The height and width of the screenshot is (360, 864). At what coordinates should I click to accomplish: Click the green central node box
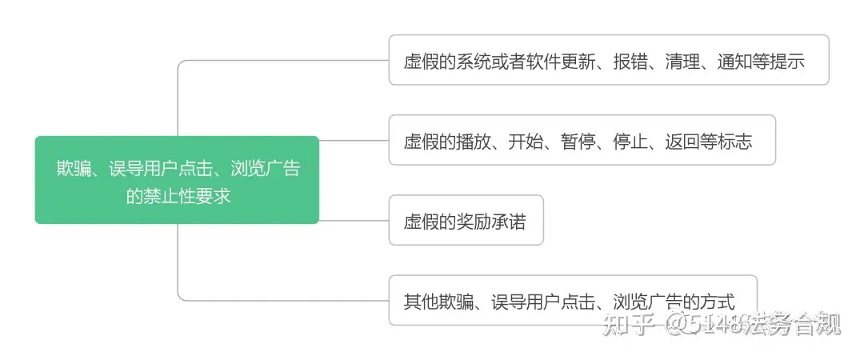[x=177, y=180]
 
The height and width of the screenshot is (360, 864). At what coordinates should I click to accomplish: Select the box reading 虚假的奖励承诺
[x=466, y=220]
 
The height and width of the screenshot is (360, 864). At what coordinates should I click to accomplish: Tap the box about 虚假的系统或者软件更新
[x=608, y=60]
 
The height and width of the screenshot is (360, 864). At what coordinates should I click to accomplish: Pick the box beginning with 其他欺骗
[x=572, y=301]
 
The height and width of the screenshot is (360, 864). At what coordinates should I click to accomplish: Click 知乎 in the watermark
[x=625, y=324]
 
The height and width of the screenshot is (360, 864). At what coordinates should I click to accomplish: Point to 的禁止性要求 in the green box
[x=178, y=195]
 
